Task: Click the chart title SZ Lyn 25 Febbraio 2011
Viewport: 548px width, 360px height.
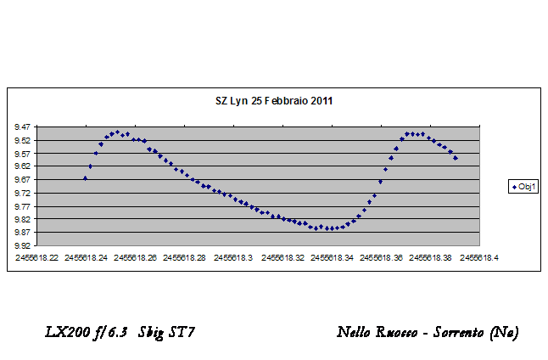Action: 273,100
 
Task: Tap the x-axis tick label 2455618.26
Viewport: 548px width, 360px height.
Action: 137,256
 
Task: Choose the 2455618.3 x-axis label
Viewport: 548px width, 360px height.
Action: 235,256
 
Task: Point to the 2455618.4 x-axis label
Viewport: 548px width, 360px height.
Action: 478,256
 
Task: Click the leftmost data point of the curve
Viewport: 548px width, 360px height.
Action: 85,178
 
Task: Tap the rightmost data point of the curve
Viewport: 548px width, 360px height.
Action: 456,158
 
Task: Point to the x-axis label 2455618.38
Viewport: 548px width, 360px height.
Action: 431,256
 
